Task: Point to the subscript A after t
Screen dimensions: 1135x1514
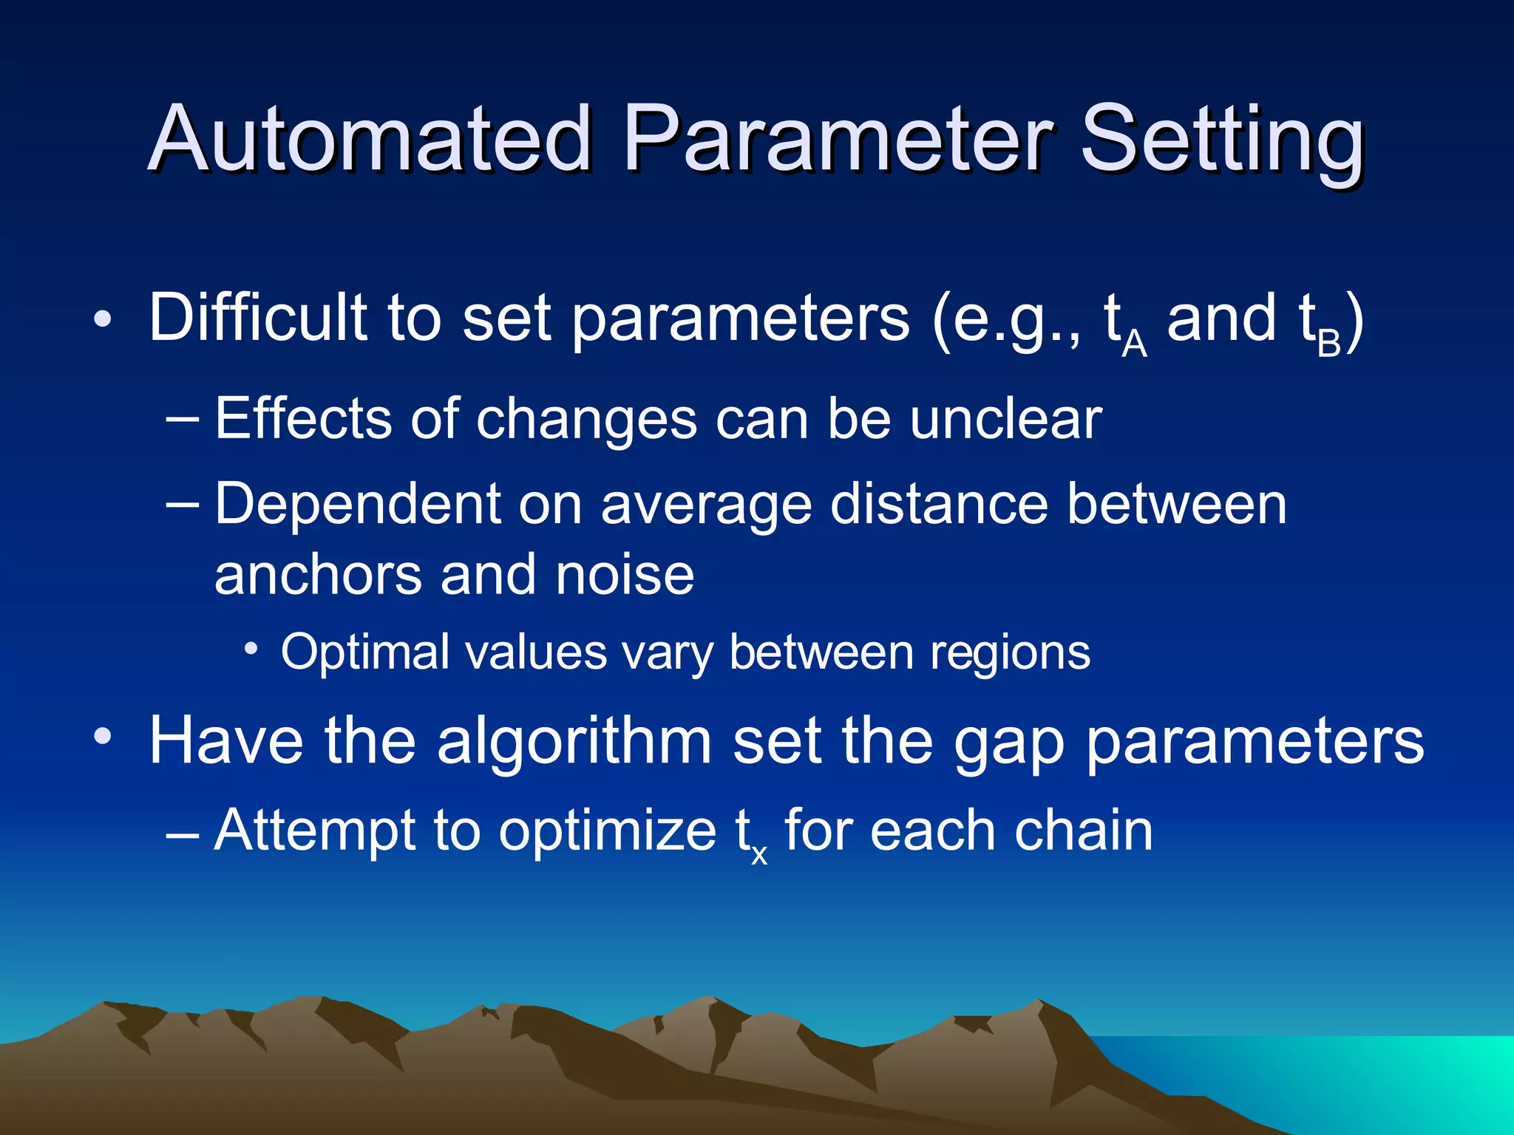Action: [1134, 344]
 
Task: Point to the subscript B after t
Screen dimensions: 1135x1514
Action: [1328, 344]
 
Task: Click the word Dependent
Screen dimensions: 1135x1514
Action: [358, 505]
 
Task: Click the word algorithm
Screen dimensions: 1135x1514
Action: [574, 742]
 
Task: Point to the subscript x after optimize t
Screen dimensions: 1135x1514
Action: [759, 855]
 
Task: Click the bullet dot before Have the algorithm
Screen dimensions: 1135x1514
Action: [103, 737]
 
